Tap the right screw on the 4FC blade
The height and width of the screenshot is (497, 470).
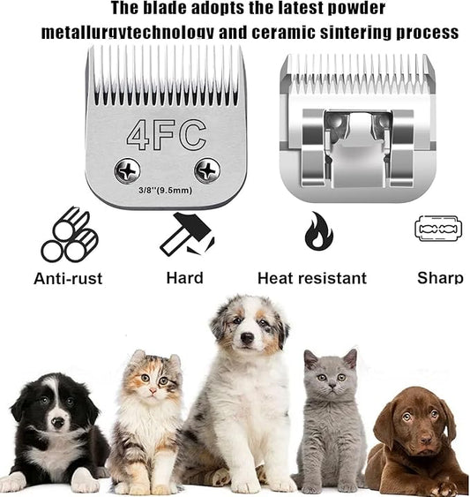pos(208,169)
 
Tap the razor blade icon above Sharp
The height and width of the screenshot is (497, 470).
pos(439,229)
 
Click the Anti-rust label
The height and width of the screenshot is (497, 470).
pos(68,278)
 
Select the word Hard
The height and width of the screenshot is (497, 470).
pos(184,278)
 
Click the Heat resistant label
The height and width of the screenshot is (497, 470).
pos(311,278)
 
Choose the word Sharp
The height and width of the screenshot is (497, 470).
pos(439,278)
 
